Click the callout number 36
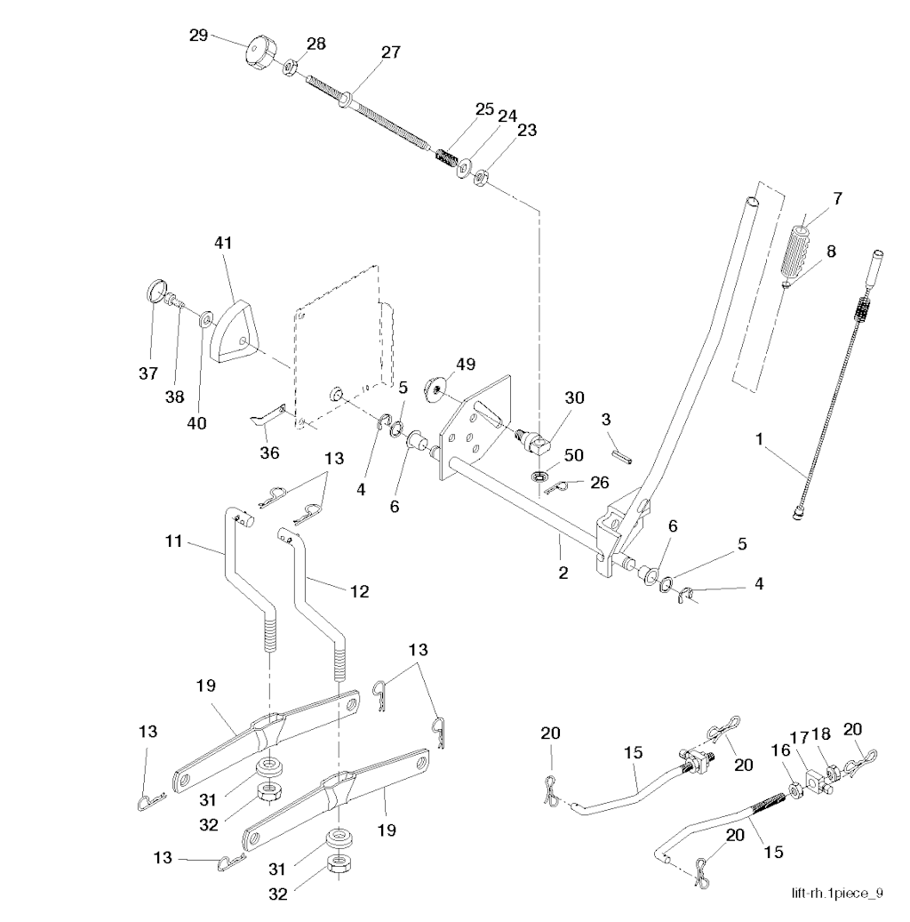click(x=269, y=453)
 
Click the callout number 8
click(x=831, y=251)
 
